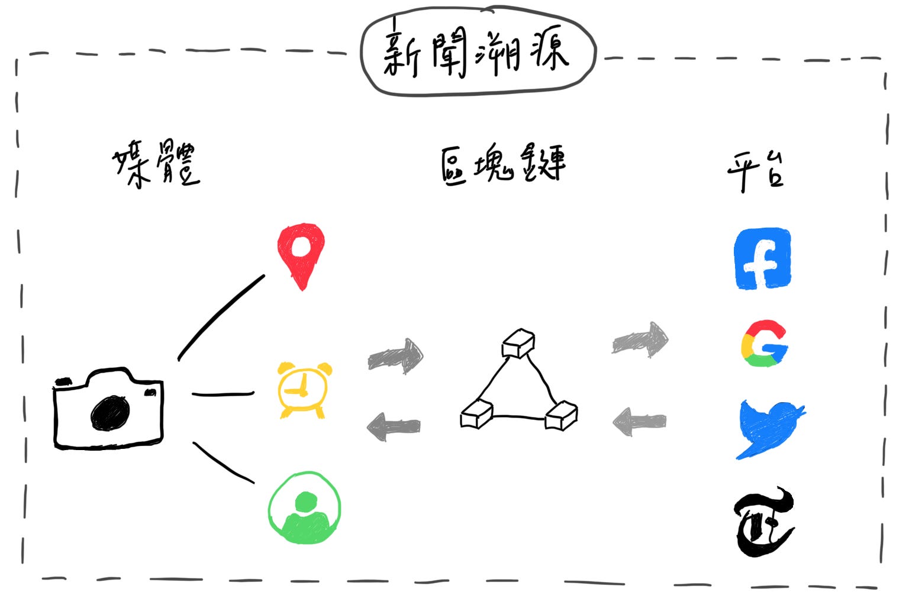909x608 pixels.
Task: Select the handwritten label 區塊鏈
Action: (x=503, y=164)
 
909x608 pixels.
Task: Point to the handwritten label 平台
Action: (x=756, y=171)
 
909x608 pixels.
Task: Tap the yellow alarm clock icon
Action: (x=304, y=389)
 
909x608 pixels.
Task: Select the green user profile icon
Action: (x=305, y=507)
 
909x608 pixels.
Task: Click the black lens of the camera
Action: (x=110, y=412)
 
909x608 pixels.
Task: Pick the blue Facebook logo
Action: (x=762, y=258)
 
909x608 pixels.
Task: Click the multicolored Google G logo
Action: (x=764, y=344)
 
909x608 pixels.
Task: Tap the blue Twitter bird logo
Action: (x=769, y=428)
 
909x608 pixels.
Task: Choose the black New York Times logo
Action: (x=763, y=522)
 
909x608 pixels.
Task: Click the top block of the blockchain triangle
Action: (x=518, y=344)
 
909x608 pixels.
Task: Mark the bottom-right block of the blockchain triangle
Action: (x=560, y=415)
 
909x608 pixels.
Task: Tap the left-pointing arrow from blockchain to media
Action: (x=394, y=426)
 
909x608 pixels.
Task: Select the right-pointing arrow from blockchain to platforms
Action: (x=640, y=340)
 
